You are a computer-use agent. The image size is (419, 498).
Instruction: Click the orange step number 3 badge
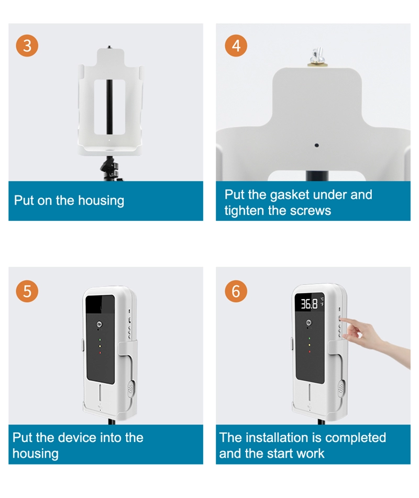27,46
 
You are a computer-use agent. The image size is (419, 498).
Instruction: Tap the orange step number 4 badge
236,46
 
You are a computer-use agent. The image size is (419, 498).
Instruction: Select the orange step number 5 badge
27,291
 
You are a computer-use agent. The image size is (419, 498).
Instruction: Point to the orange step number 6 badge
236,291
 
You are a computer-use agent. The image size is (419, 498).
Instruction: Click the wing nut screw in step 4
317,57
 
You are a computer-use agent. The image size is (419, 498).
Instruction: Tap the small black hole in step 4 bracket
317,145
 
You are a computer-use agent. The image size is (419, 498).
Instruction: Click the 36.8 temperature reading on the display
309,304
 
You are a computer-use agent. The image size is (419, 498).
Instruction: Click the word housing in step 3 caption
101,201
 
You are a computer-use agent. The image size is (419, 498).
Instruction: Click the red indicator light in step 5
100,352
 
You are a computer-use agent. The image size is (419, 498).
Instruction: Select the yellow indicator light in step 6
310,345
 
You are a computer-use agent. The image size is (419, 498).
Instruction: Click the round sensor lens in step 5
100,324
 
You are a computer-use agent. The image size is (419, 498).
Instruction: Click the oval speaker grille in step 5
131,388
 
